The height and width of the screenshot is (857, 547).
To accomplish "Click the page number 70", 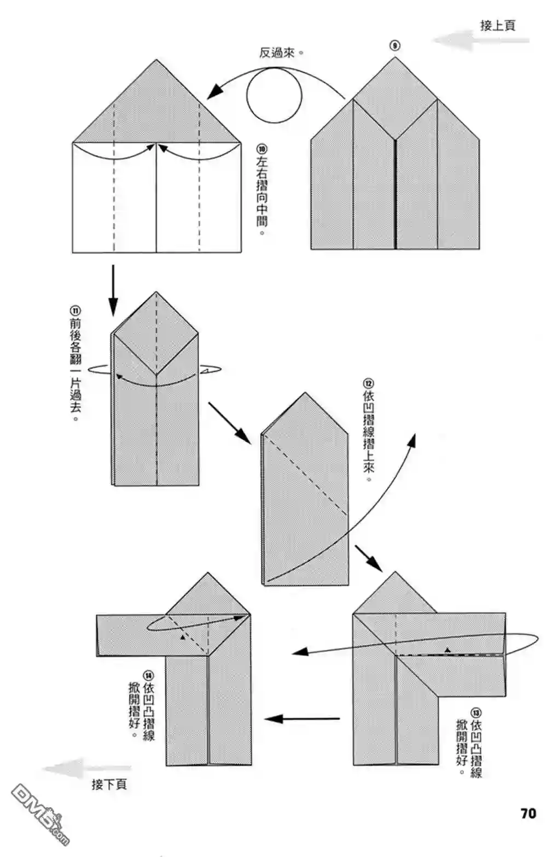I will pos(528,813).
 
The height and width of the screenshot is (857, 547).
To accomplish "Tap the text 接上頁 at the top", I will pos(497,25).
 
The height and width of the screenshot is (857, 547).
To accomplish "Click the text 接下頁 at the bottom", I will pos(109,784).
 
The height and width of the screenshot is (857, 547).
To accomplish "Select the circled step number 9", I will pos(394,46).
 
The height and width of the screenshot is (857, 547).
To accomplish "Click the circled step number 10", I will pos(261,149).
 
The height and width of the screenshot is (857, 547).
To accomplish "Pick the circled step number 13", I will pos(476,713).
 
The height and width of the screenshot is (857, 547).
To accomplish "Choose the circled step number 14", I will pos(148,675).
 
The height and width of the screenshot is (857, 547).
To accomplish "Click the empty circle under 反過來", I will pos(273,96).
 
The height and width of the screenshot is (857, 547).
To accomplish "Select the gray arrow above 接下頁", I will pos(88,769).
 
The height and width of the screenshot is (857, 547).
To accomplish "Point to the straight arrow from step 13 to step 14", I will pos(302,719).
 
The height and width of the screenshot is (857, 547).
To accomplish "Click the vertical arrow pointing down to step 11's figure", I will pos(113,290).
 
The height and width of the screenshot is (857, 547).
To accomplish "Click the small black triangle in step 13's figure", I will pos(447,650).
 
